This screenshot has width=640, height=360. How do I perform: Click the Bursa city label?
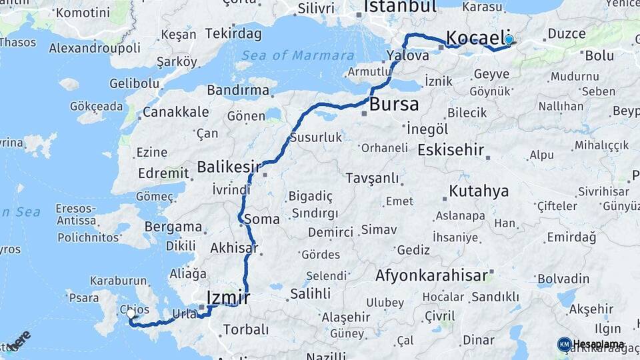pos(394,104)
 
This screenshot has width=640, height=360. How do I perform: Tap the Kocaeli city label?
pos(474,37)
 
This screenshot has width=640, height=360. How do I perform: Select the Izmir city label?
pos(229,297)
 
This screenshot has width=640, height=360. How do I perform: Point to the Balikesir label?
pos(229,166)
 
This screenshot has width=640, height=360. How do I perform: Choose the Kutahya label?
pos(479,191)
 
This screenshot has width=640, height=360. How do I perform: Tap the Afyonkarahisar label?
pos(433,275)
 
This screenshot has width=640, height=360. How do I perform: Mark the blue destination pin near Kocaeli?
pos(509,40)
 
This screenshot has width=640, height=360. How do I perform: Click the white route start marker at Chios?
pos(131,311)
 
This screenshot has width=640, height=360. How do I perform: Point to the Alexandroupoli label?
pos(95,48)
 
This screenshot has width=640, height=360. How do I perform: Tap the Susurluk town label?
pos(315,138)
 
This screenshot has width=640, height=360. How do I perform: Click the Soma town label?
pos(262,219)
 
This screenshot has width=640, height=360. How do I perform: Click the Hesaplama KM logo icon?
pos(564,344)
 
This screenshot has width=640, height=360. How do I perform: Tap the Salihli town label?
pos(310,293)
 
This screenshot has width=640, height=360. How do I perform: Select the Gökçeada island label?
pos(96,106)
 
